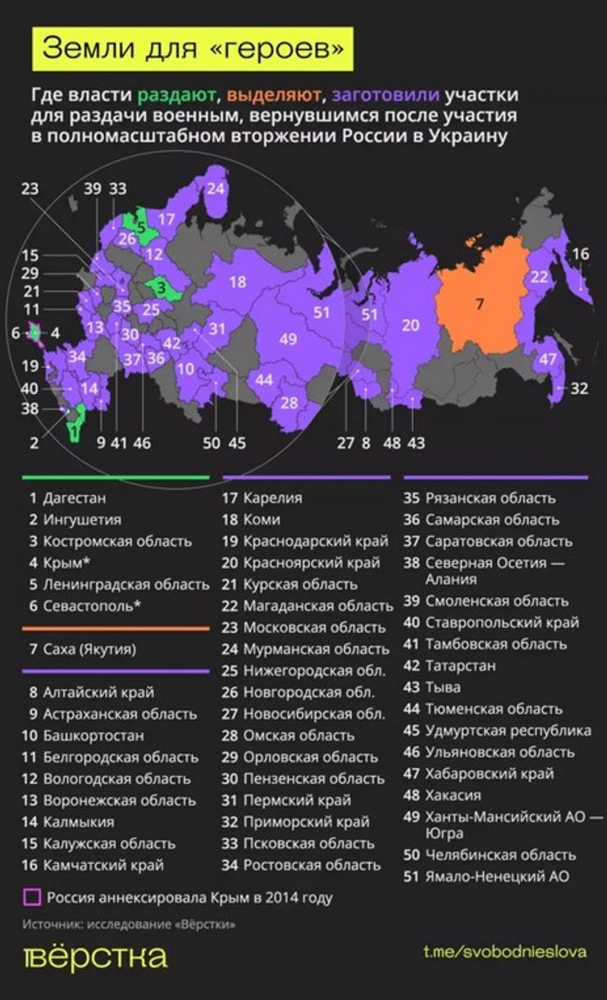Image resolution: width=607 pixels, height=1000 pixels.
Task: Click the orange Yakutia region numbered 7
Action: coord(480,305)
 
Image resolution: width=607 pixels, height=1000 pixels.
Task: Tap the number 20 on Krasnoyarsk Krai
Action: coord(411,325)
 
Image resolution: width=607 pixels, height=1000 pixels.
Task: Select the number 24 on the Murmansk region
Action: coord(216,188)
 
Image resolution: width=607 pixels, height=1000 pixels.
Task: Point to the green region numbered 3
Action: coord(162,288)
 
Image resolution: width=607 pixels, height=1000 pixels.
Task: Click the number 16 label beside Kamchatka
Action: coord(581,254)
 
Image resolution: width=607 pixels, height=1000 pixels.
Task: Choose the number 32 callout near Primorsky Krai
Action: coord(579,388)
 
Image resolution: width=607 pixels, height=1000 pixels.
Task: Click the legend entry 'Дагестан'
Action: coord(74,498)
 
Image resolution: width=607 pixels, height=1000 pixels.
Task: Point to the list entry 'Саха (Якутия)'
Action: coord(89,649)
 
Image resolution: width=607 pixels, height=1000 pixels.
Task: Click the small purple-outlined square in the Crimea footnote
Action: coord(32,897)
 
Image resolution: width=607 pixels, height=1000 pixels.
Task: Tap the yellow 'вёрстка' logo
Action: coord(94,957)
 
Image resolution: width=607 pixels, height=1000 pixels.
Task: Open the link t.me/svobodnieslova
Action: coord(504,952)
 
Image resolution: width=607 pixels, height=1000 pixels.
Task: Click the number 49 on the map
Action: coord(288,339)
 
